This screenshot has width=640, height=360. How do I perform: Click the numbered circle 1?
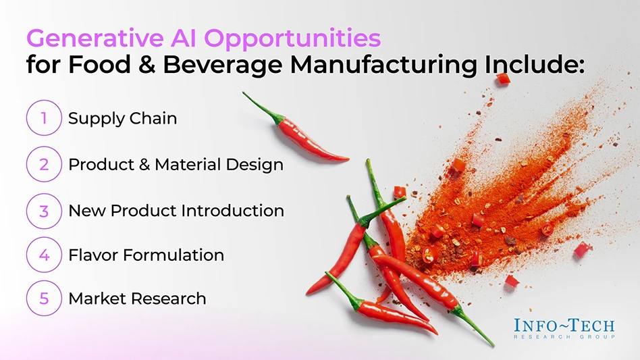[x=43, y=118]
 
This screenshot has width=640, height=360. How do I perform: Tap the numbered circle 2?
[x=43, y=164]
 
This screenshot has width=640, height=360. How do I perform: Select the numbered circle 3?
[x=43, y=211]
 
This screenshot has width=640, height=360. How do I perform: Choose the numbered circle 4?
[x=43, y=255]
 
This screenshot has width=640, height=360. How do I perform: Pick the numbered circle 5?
[x=43, y=298]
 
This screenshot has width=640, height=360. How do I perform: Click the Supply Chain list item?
[x=122, y=118]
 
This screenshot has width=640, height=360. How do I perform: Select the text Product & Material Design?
[x=176, y=164]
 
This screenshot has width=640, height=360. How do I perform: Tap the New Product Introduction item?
[x=176, y=211]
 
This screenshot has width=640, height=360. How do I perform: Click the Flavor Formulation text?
[x=146, y=255]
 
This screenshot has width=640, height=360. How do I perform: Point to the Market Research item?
[x=137, y=298]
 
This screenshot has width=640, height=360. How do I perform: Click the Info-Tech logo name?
[x=564, y=325]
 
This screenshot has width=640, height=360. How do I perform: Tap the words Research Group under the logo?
[x=564, y=336]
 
